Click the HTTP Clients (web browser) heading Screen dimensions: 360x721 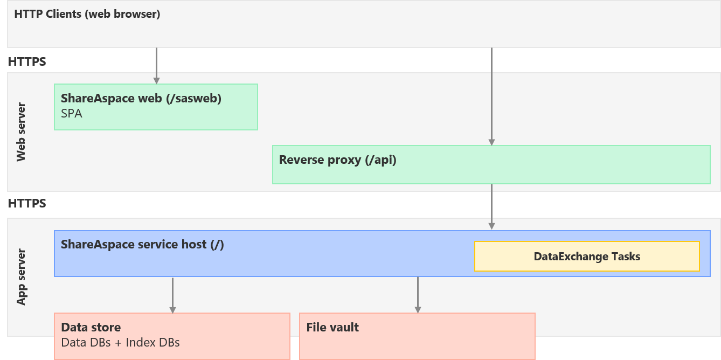[x=87, y=14]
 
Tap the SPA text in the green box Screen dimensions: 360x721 [x=72, y=114]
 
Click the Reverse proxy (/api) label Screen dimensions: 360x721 [x=337, y=160]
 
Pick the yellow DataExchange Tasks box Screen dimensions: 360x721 [x=587, y=257]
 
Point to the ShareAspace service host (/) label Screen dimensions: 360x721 [x=142, y=244]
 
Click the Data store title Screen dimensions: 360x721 [x=91, y=327]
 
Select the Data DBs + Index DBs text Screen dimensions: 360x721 [x=120, y=342]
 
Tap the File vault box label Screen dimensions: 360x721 [x=332, y=327]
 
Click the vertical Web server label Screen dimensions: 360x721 [x=21, y=132]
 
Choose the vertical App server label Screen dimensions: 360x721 [x=21, y=277]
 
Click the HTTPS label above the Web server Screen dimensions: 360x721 [x=27, y=61]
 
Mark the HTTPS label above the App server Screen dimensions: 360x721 [x=27, y=203]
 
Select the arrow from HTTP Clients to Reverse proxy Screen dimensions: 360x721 [x=491, y=97]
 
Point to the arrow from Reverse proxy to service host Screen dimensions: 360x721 [x=491, y=207]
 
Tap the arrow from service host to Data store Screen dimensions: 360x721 [x=172, y=295]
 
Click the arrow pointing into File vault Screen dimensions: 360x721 [x=418, y=295]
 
